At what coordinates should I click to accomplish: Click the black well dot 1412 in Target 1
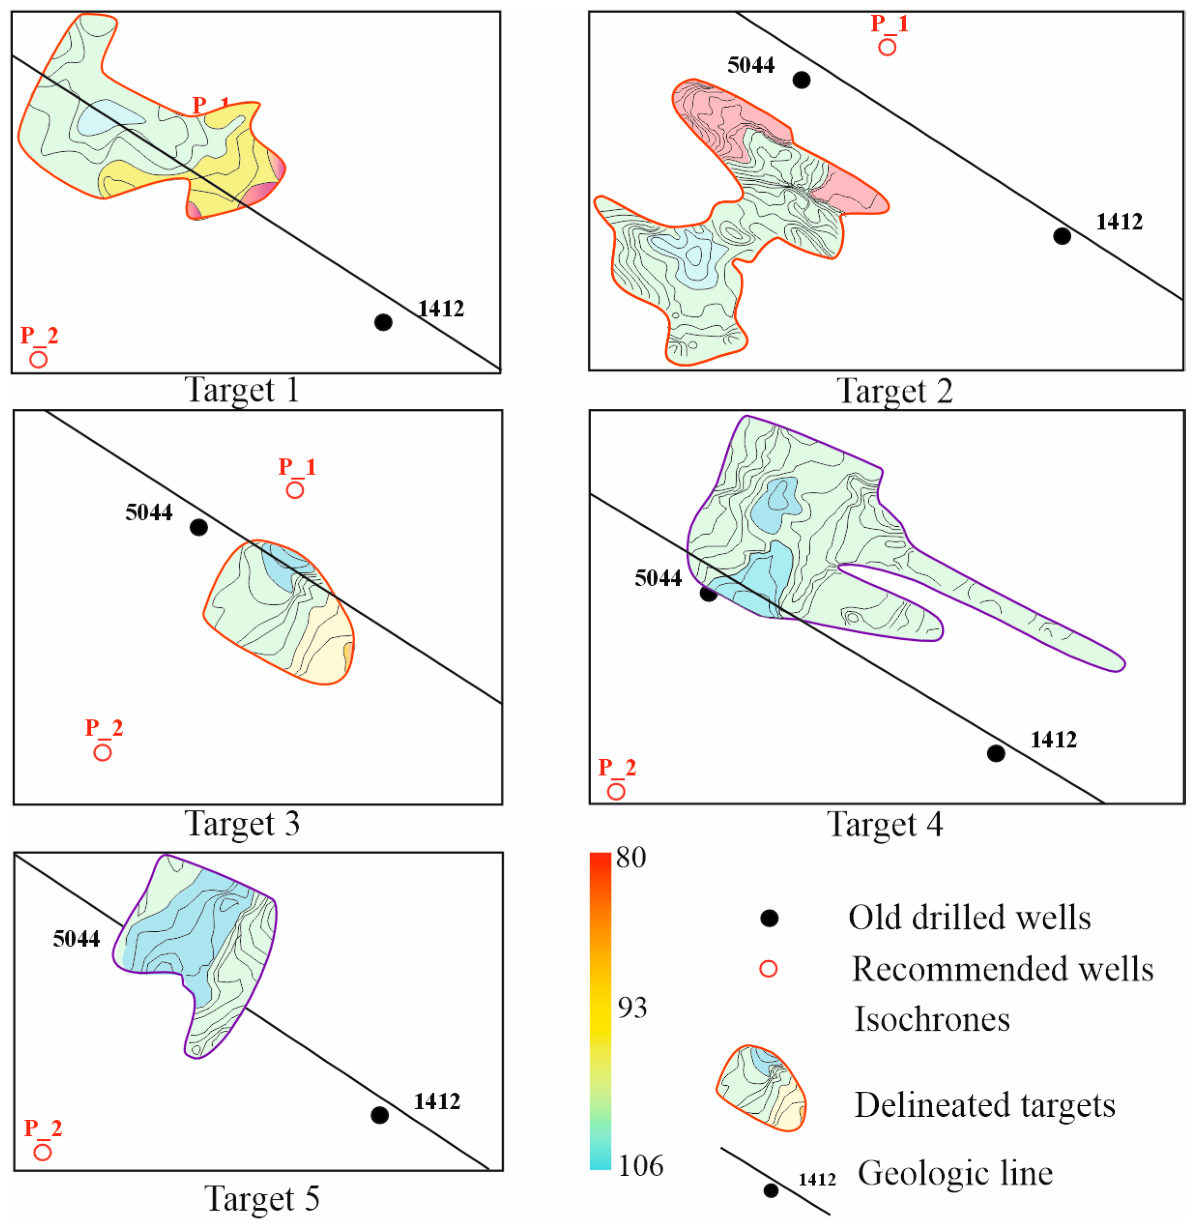point(383,322)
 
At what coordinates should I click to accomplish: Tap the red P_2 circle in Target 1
point(38,360)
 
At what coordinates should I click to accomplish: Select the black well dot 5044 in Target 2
point(802,80)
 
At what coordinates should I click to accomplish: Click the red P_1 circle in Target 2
point(887,47)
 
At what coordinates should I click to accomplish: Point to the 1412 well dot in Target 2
point(1062,236)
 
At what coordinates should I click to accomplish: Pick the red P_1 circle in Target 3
point(295,490)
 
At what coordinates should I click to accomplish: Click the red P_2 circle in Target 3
point(102,752)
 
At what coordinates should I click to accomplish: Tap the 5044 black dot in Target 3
point(199,527)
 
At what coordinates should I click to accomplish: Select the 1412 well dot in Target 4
point(996,753)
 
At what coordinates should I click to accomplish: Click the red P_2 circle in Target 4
point(616,792)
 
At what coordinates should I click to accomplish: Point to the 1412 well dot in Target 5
point(379,1115)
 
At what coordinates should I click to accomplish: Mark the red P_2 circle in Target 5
point(42,1152)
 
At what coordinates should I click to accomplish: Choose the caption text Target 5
point(261,1199)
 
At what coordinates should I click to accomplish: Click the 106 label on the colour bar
point(640,1165)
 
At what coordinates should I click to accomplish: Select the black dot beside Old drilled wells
point(769,918)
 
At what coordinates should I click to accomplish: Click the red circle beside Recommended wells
point(768,969)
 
